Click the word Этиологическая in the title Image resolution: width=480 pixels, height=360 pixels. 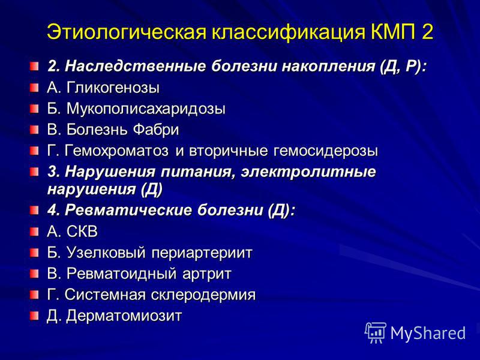127,31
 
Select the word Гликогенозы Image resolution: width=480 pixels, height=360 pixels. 113,88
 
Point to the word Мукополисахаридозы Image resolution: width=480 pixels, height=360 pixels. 146,109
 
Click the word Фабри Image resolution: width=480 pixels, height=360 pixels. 156,129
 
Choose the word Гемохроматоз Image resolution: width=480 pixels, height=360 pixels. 116,151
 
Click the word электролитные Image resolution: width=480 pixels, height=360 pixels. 308,172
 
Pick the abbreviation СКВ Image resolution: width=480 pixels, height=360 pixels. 82,232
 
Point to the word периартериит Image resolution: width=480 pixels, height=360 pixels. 202,253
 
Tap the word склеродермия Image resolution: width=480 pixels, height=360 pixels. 203,295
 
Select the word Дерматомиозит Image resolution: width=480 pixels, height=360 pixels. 124,316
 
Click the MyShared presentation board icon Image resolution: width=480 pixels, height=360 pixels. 376,332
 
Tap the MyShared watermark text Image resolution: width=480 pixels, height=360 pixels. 428,333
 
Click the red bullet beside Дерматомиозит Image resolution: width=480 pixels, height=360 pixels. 34,316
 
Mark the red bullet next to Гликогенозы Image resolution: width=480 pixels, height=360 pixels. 34,88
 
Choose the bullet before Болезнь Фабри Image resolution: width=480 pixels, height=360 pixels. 34,130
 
